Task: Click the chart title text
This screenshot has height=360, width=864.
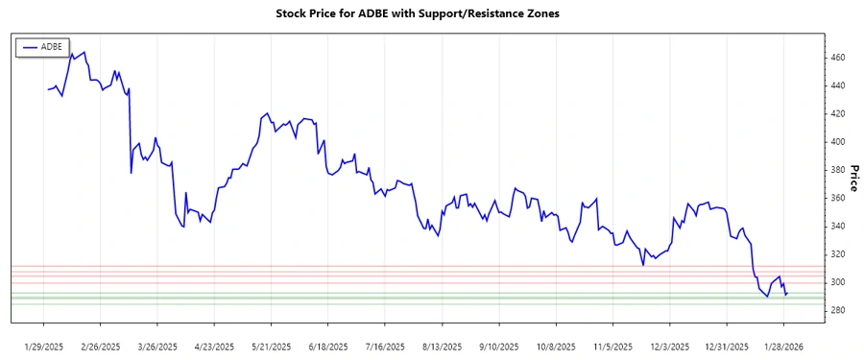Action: (431, 14)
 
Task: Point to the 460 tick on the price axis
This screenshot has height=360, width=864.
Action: (838, 58)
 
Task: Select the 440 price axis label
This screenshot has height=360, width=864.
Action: (838, 85)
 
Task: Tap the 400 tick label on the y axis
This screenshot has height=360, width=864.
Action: (838, 142)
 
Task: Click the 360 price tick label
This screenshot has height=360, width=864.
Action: (838, 198)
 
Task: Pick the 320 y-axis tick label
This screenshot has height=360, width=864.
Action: (838, 254)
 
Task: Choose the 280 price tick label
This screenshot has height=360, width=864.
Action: (838, 310)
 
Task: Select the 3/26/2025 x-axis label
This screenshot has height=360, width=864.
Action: (157, 346)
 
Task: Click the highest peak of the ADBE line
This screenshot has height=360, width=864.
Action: (71, 53)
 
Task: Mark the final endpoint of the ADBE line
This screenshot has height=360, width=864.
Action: (787, 293)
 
